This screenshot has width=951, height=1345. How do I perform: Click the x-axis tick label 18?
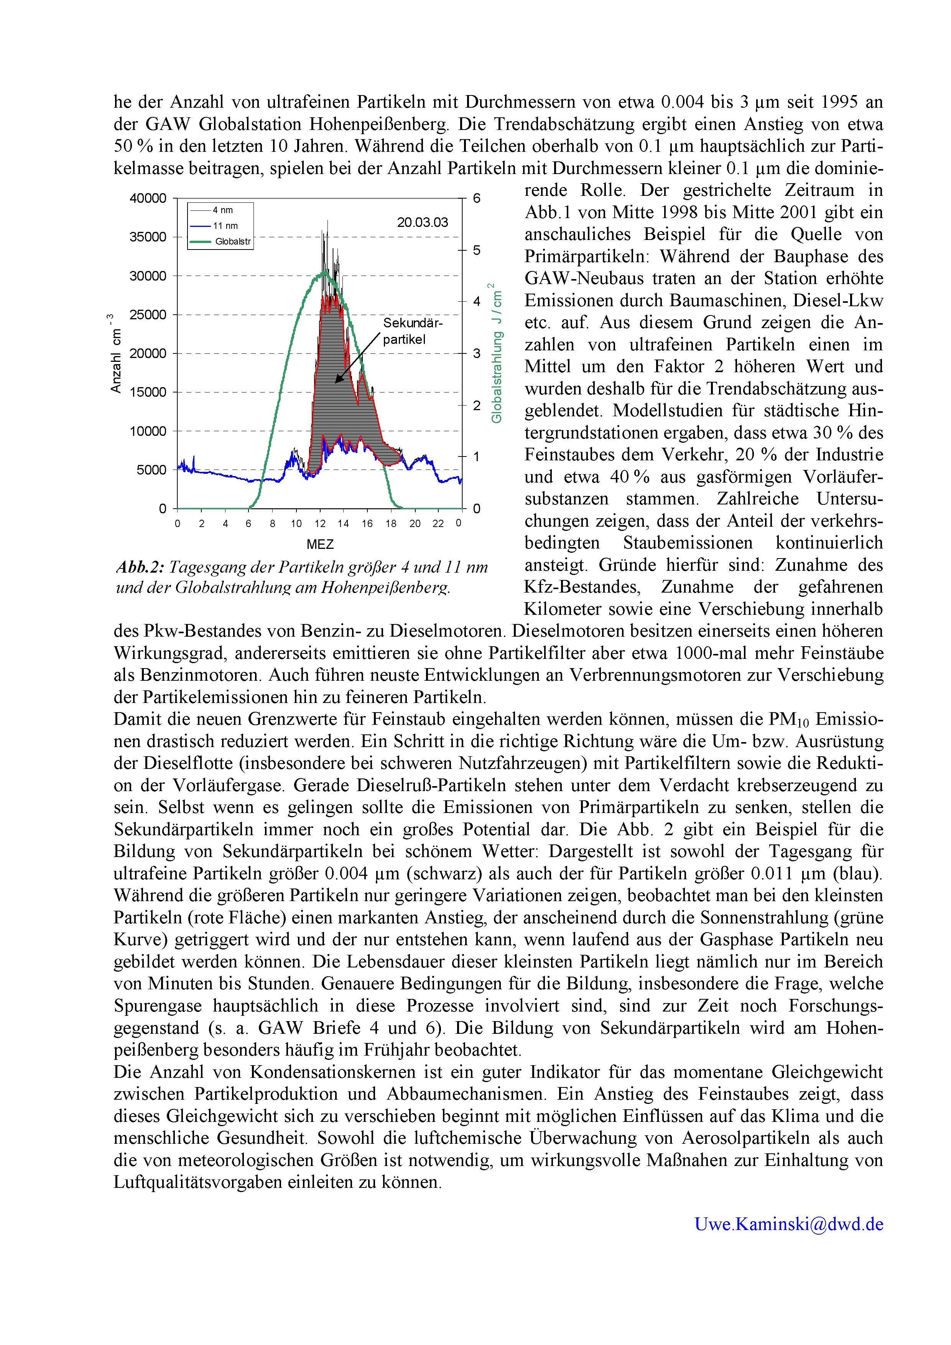[x=391, y=524]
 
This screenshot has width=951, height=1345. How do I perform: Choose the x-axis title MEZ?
[x=320, y=544]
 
